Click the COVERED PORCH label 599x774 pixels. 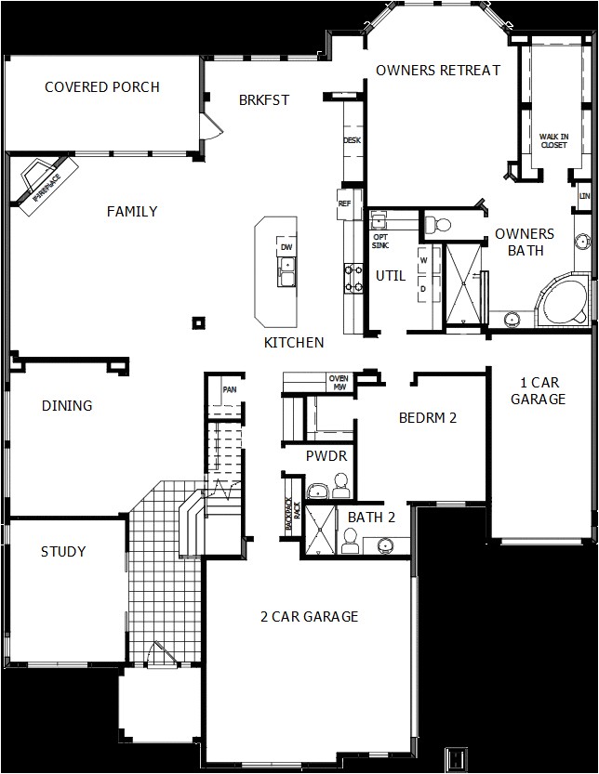click(102, 87)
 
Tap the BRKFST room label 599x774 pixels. click(264, 100)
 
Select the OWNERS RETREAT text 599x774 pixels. click(438, 70)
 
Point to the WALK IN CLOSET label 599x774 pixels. click(553, 140)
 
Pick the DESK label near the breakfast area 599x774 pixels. click(352, 140)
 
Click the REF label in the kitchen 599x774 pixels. click(344, 203)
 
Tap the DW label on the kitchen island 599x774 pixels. click(286, 246)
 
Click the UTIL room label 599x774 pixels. click(391, 276)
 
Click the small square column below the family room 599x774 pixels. click(198, 322)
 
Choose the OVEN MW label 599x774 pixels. click(339, 382)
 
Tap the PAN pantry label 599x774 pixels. click(228, 389)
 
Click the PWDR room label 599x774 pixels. click(326, 456)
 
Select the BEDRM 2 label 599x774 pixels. click(428, 418)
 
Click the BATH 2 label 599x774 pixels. click(372, 518)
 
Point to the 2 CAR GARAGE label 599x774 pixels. click(309, 617)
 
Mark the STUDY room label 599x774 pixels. click(63, 552)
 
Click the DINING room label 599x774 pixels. click(67, 406)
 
